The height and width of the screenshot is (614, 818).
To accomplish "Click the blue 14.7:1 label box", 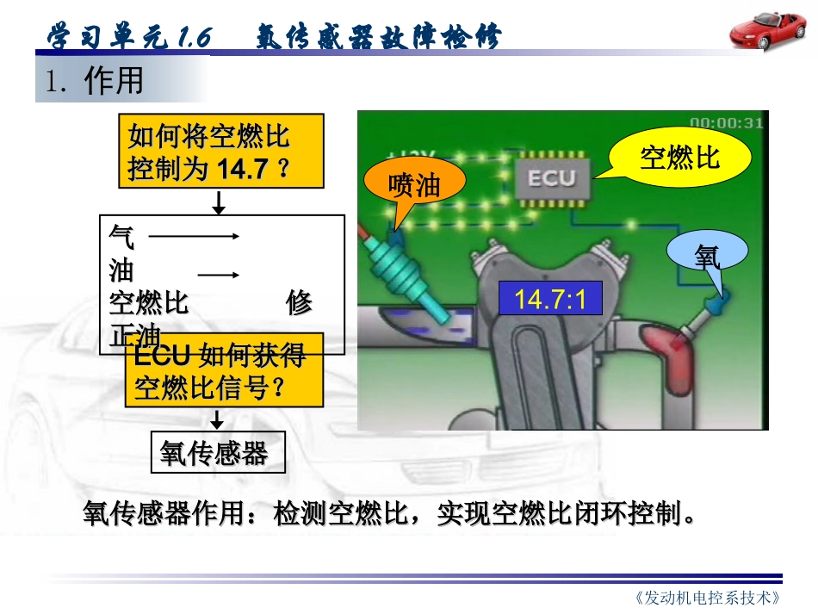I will tap(549, 300).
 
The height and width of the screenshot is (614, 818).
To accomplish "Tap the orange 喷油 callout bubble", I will tap(414, 184).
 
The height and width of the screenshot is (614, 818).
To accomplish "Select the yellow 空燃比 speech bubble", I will tap(679, 156).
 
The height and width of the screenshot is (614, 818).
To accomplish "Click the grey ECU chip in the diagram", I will tap(551, 178).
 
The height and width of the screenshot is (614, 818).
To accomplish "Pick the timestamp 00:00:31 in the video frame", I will tap(726, 122).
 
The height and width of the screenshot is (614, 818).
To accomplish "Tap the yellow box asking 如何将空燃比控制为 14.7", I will tap(220, 151).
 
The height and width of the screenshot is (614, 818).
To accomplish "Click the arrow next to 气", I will tap(194, 234).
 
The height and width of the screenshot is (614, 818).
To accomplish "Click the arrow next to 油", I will tap(218, 275).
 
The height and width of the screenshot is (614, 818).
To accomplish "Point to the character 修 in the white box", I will tap(299, 303).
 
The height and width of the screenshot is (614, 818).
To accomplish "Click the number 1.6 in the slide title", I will tap(193, 38).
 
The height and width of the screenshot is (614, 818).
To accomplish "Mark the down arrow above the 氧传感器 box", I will tap(218, 419).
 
